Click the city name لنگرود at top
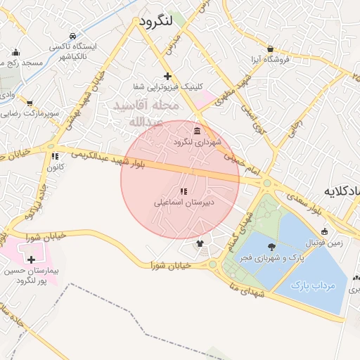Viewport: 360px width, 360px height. coord(155,22)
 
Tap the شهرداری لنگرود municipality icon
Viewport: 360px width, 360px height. coord(196,131)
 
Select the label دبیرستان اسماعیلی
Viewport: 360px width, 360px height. coord(184,202)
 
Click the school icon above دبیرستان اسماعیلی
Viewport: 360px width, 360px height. coord(184,191)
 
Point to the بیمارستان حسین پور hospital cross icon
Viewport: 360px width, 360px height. coord(31,260)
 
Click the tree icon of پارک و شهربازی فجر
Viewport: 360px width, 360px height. coord(272,246)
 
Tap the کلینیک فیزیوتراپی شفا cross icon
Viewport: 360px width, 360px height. coord(167,76)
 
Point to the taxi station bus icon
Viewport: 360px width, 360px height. coord(72,36)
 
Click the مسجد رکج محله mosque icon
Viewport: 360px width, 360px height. coord(16,52)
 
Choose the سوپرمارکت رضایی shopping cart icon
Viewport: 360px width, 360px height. coord(29,103)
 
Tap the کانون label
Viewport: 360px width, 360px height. coord(55,167)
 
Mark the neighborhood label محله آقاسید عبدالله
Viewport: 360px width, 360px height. coord(148,113)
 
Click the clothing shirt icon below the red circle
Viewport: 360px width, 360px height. coord(200,244)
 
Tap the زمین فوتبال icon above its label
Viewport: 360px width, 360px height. coord(324,231)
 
